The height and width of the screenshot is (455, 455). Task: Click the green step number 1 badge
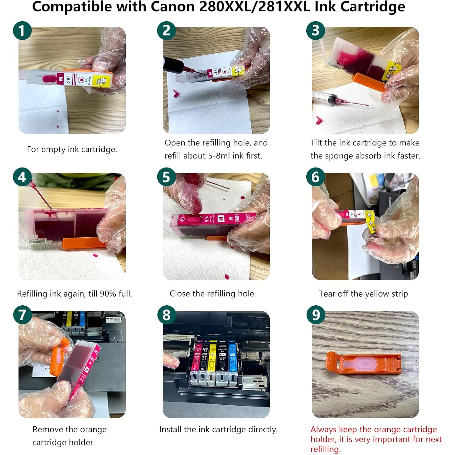[x=22, y=31]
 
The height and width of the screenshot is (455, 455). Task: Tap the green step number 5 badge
[x=166, y=177]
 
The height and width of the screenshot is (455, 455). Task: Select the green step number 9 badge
[x=316, y=315]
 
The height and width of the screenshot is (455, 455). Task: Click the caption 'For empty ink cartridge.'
[x=72, y=149]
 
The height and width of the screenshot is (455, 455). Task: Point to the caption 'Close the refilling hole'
[x=212, y=294]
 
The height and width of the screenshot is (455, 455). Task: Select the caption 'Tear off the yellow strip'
[x=363, y=294]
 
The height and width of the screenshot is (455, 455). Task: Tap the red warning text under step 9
[x=376, y=439]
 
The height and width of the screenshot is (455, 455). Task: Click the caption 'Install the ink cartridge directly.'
[x=218, y=429]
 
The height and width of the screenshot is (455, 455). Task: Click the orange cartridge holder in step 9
[x=363, y=363]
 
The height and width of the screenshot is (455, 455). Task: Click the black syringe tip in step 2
[x=173, y=65]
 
